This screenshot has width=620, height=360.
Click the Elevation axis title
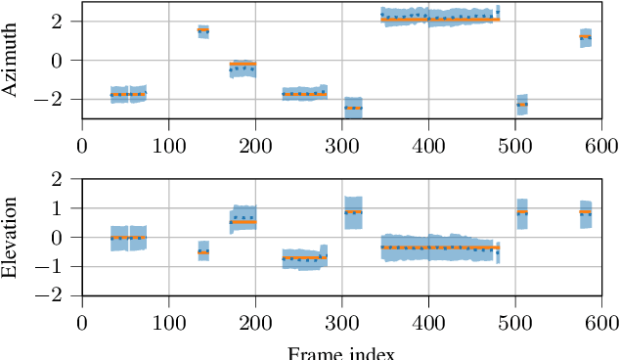(x=11, y=237)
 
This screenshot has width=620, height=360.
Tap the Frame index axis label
(x=342, y=352)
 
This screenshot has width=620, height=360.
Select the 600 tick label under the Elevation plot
(x=598, y=322)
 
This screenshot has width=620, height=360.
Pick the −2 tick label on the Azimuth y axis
(x=55, y=99)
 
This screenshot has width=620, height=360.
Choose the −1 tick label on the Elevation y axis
(x=55, y=266)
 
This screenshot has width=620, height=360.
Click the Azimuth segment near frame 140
(x=203, y=31)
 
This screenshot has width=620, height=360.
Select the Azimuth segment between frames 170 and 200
(x=242, y=67)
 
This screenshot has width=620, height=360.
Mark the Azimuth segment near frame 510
(x=522, y=104)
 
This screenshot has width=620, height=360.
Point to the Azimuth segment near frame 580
(x=585, y=38)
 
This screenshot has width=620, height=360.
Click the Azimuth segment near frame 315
(x=353, y=108)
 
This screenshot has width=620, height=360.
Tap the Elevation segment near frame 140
(x=203, y=251)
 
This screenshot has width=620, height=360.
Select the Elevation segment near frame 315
(x=353, y=212)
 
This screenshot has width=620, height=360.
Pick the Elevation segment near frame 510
(x=522, y=212)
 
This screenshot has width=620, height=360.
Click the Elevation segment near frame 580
(x=585, y=212)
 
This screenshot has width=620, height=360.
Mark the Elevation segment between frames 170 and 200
(x=242, y=220)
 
